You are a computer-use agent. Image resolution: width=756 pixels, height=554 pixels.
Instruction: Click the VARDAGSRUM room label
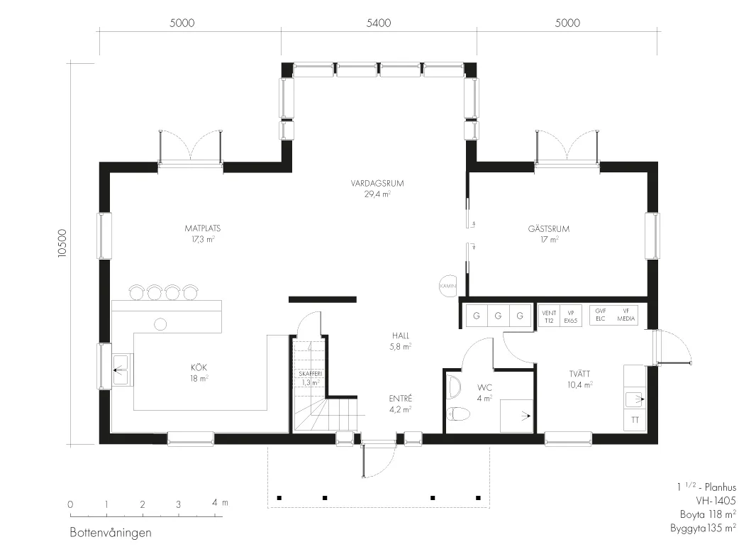pyautogui.click(x=377, y=183)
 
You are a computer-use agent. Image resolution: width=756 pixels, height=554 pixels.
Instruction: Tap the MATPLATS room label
pyautogui.click(x=203, y=228)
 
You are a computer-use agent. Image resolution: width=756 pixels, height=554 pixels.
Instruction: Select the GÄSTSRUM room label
pyautogui.click(x=549, y=228)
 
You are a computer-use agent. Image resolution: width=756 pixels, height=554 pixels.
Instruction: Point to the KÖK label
pyautogui.click(x=199, y=367)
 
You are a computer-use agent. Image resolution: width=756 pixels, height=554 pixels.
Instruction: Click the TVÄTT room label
pyautogui.click(x=579, y=374)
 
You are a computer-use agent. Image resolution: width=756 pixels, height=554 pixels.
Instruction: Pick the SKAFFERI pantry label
pyautogui.click(x=311, y=374)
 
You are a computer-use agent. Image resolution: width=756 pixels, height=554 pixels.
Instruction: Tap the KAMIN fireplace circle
pyautogui.click(x=448, y=285)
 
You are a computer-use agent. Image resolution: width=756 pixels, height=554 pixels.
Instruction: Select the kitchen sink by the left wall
pyautogui.click(x=121, y=370)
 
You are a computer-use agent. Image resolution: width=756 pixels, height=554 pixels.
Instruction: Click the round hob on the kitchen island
pyautogui.click(x=160, y=324)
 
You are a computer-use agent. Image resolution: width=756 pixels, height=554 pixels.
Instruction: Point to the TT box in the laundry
pyautogui.click(x=635, y=420)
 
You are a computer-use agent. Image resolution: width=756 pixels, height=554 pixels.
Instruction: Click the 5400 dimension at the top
pyautogui.click(x=379, y=23)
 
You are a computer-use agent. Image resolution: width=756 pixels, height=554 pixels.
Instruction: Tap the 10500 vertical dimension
pyautogui.click(x=62, y=243)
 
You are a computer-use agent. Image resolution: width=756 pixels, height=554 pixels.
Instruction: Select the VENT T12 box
pyautogui.click(x=549, y=316)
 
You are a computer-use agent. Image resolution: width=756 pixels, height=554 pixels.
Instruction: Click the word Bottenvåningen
pyautogui.click(x=111, y=533)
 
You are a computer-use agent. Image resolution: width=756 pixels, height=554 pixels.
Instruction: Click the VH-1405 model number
pyautogui.click(x=716, y=501)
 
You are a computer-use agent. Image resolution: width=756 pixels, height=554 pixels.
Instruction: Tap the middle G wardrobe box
pyautogui.click(x=498, y=316)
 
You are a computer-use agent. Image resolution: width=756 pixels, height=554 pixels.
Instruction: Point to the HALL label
pyautogui.click(x=401, y=336)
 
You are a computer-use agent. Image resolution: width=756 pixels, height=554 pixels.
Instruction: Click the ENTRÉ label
pyautogui.click(x=401, y=399)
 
